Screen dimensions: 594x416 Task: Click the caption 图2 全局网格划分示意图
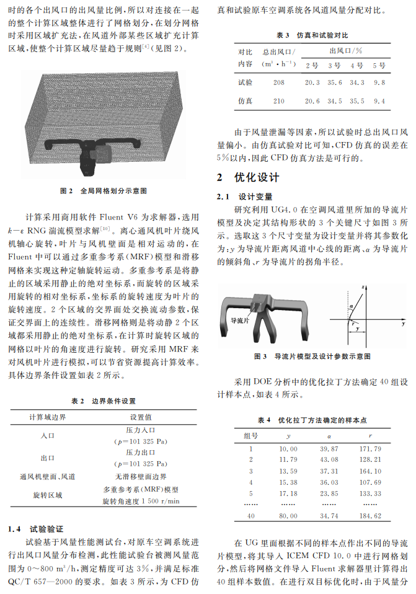(x=104, y=190)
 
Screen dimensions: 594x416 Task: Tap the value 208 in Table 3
(x=278, y=82)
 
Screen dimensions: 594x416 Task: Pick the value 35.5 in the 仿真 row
(x=357, y=101)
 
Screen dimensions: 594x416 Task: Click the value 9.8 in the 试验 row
(x=379, y=82)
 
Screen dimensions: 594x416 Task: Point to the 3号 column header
(x=334, y=65)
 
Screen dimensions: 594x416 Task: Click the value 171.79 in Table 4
(x=370, y=448)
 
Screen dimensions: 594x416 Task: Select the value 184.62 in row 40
(x=370, y=515)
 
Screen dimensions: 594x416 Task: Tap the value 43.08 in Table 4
(x=329, y=459)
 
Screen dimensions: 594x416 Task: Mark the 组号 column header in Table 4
(x=251, y=435)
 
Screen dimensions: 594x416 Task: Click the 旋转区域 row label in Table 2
(x=47, y=495)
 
